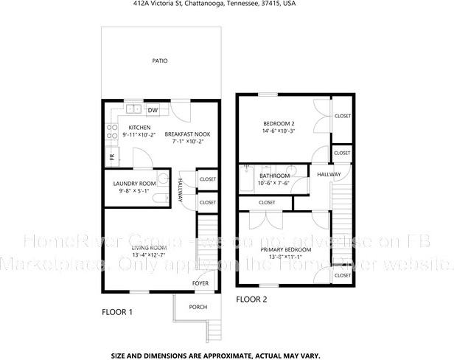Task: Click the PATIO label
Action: [x=159, y=61]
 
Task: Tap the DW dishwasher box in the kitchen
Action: [x=153, y=111]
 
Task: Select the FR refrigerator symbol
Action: [x=112, y=156]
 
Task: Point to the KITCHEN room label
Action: [x=139, y=127]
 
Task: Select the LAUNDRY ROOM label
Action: [x=134, y=183]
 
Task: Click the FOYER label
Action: [x=200, y=283]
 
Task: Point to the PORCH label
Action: [x=198, y=307]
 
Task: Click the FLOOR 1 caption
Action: [x=116, y=312]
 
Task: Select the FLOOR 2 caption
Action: [x=251, y=300]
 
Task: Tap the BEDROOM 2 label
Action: [x=279, y=123]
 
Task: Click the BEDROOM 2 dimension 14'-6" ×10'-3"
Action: [x=279, y=131]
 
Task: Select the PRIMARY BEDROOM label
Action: [x=285, y=250]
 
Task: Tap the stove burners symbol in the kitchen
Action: [x=113, y=131]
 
